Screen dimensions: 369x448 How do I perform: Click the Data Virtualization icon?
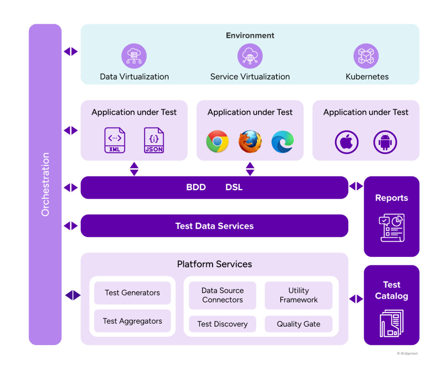coord(134,56)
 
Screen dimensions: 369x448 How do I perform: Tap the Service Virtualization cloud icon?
coord(250,56)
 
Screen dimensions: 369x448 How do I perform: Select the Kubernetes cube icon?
coord(366,56)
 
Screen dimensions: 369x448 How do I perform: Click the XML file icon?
coord(115,140)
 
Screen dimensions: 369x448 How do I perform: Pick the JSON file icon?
coord(154,140)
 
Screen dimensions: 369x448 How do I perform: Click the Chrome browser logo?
coord(217,141)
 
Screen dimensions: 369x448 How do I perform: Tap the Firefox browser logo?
coord(250,141)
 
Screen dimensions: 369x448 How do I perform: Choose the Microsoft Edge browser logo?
coord(283,141)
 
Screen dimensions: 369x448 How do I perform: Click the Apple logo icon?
coord(346,142)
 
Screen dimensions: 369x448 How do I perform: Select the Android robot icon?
coord(385,142)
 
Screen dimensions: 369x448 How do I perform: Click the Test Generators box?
coord(132,293)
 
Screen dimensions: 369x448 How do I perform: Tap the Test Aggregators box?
coord(132,321)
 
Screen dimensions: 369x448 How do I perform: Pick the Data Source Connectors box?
coord(223,295)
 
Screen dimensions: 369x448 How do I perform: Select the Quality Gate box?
coord(298,324)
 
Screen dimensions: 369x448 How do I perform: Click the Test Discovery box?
coord(223,324)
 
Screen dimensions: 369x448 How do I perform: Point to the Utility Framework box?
coord(298,295)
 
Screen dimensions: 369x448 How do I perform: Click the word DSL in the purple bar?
coord(234,187)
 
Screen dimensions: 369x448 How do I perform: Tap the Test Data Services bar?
coord(214,226)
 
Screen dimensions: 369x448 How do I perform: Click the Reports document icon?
coord(392,228)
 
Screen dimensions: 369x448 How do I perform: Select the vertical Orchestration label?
coord(45,184)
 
